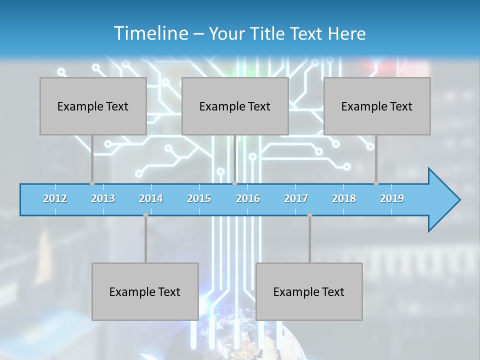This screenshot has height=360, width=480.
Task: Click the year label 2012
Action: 55,198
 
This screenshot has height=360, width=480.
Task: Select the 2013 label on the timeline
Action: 103,198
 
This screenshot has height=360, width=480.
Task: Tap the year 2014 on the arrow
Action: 151,198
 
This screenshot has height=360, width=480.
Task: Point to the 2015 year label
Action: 199,198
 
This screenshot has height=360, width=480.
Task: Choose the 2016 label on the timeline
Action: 248,198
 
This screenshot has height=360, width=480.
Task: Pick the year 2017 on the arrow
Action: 296,198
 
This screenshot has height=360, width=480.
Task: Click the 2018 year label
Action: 344,198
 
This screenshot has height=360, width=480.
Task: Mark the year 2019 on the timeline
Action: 392,198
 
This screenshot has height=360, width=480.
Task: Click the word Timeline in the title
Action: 150,33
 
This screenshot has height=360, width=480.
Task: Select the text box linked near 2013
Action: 93,106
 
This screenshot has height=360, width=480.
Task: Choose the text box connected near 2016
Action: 235,106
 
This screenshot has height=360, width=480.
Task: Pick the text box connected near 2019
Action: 377,106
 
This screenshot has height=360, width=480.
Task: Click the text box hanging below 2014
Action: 145,291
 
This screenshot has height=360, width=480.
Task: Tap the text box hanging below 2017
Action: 309,291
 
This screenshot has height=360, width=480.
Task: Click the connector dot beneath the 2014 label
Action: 145,215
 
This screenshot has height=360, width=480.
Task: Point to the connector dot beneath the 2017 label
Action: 309,215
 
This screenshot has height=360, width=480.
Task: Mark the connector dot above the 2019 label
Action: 376,183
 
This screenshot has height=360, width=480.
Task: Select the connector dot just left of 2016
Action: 234,183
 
